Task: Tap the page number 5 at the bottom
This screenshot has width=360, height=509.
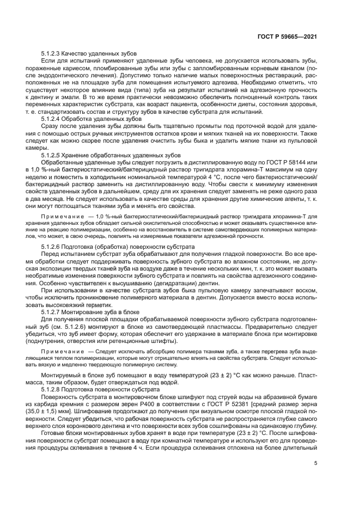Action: pos(316,464)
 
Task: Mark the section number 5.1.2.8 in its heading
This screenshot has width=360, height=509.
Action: pos(52,391)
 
